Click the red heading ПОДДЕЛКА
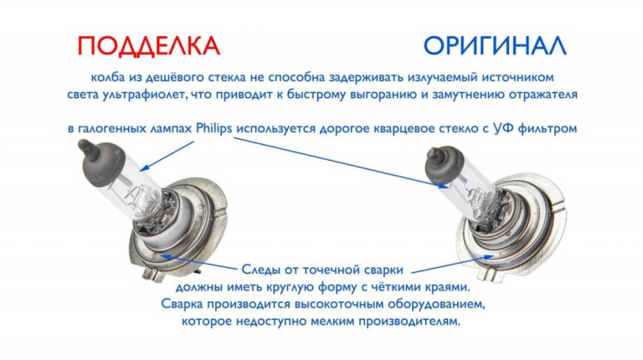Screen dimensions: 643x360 pyautogui.click(x=149, y=45)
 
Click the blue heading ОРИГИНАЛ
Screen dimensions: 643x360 pyautogui.click(x=495, y=45)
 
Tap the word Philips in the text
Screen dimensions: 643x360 pyautogui.click(x=213, y=128)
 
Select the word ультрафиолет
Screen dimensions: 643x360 pyautogui.click(x=139, y=95)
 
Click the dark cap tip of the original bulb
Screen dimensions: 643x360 pyautogui.click(x=432, y=153)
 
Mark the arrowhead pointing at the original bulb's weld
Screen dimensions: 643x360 pyautogui.click(x=490, y=257)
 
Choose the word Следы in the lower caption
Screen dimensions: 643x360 pyautogui.click(x=260, y=270)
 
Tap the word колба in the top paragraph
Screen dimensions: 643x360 pyautogui.click(x=106, y=77)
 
